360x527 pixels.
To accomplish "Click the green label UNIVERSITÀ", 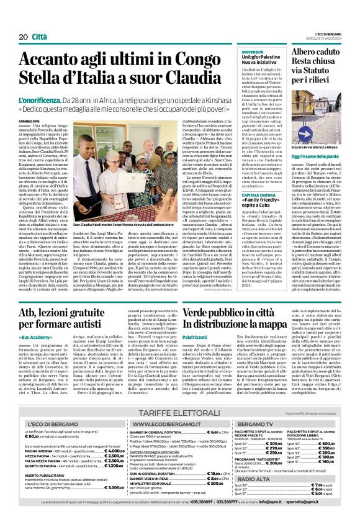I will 252,52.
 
